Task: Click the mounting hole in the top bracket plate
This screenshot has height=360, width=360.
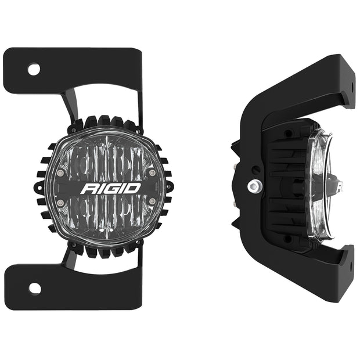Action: (34, 70)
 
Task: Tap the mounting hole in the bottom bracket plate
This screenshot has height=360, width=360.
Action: (34, 288)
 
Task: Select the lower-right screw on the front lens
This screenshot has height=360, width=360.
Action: (152, 201)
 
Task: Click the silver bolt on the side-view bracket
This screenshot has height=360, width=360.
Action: (253, 186)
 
